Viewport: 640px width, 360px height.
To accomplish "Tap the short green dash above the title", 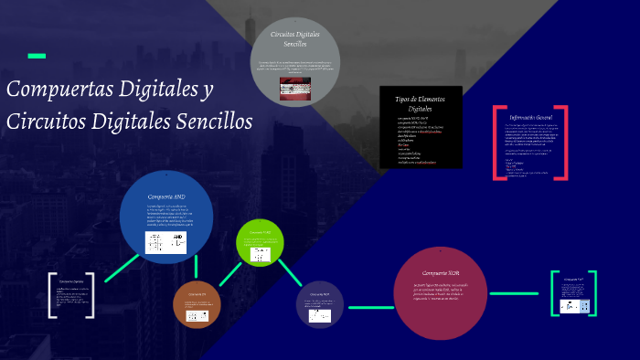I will click(x=37, y=57).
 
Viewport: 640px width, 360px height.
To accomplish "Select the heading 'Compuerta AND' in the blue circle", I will click(x=166, y=196).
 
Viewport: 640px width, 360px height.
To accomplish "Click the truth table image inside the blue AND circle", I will click(x=165, y=242).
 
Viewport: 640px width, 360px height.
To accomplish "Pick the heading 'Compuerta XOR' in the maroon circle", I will click(x=442, y=273).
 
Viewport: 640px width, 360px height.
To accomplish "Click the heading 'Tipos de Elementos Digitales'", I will click(x=421, y=103).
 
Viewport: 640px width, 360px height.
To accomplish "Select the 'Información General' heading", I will click(x=531, y=118).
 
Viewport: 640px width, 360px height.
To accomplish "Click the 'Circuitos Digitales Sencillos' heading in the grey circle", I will click(x=295, y=38).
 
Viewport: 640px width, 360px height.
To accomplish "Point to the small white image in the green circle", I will click(x=261, y=255).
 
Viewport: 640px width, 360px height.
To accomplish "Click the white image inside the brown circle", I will click(x=197, y=314).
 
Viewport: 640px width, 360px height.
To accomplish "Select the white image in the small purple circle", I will click(x=319, y=314).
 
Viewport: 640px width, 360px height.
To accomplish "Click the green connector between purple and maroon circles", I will click(x=369, y=308).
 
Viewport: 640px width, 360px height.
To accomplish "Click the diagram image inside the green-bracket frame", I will click(x=573, y=306).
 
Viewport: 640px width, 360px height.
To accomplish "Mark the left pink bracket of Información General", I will click(x=497, y=142).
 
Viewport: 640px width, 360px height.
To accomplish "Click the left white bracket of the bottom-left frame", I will click(x=52, y=295).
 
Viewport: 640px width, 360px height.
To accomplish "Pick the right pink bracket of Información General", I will click(x=564, y=142).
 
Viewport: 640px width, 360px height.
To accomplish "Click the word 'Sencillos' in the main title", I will click(x=208, y=122).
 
